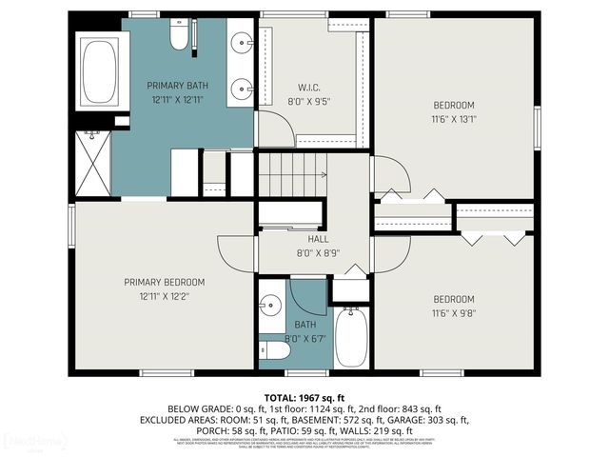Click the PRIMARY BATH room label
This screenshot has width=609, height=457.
point(177,85)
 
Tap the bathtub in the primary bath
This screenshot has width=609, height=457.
point(99,72)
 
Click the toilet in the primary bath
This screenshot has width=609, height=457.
point(178,35)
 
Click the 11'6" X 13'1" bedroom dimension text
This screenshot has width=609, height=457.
point(454,120)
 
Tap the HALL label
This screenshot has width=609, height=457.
point(304,239)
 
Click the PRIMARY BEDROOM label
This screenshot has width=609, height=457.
point(165,282)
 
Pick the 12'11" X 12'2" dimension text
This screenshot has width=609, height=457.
point(165,296)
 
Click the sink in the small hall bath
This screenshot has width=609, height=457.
point(271,306)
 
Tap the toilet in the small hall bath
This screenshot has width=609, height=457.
point(275,350)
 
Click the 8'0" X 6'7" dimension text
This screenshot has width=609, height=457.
point(292,339)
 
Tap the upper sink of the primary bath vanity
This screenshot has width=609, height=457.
point(242,42)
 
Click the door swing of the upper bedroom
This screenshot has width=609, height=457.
point(392,175)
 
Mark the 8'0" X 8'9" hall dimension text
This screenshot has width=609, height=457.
point(304,253)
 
